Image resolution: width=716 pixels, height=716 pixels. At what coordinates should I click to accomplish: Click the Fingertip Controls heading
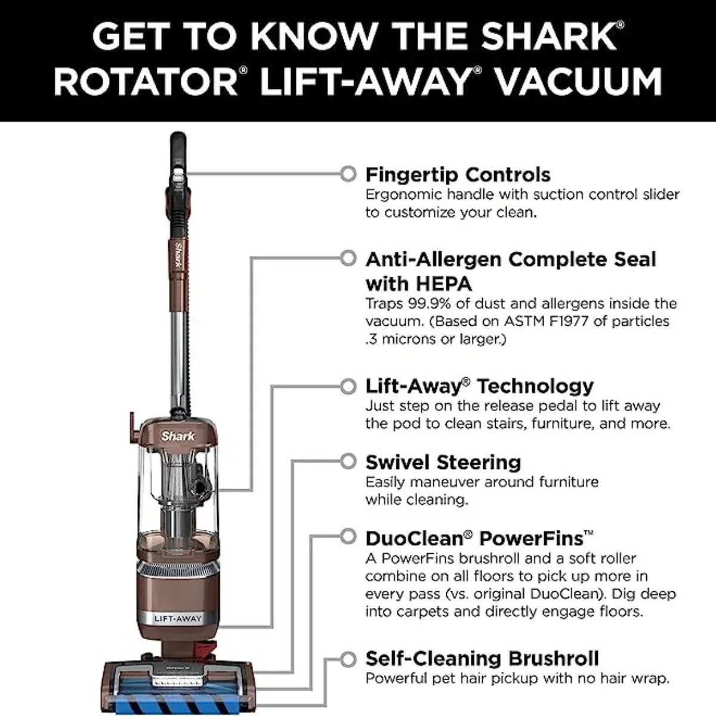[458, 175]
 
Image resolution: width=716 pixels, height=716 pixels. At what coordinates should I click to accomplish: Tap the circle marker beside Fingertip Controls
[348, 174]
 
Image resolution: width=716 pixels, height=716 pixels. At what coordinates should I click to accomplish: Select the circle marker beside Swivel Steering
[348, 461]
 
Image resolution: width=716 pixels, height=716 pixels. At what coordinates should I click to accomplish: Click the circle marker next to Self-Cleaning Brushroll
[348, 659]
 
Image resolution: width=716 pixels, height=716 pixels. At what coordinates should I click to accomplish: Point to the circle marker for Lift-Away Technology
[348, 386]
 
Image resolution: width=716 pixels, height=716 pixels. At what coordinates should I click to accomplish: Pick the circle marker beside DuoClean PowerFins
[348, 536]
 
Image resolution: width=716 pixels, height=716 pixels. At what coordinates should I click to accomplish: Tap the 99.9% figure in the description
[429, 304]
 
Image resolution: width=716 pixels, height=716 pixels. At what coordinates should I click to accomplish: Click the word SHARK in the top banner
[550, 36]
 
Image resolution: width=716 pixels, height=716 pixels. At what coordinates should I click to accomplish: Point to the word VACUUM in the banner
[579, 81]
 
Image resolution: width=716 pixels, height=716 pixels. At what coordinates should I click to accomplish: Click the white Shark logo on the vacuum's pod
[178, 436]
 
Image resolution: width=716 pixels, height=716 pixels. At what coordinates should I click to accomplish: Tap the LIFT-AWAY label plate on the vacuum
[178, 619]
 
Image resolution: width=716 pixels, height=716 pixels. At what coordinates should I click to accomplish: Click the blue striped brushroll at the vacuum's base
[177, 705]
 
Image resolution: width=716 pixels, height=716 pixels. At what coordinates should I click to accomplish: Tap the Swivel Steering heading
[443, 462]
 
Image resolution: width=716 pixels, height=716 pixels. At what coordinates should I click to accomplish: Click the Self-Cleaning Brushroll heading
[482, 659]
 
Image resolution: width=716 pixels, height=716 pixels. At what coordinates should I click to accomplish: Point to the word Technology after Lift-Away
[535, 387]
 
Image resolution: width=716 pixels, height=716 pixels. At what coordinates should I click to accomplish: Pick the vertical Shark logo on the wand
[179, 255]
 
